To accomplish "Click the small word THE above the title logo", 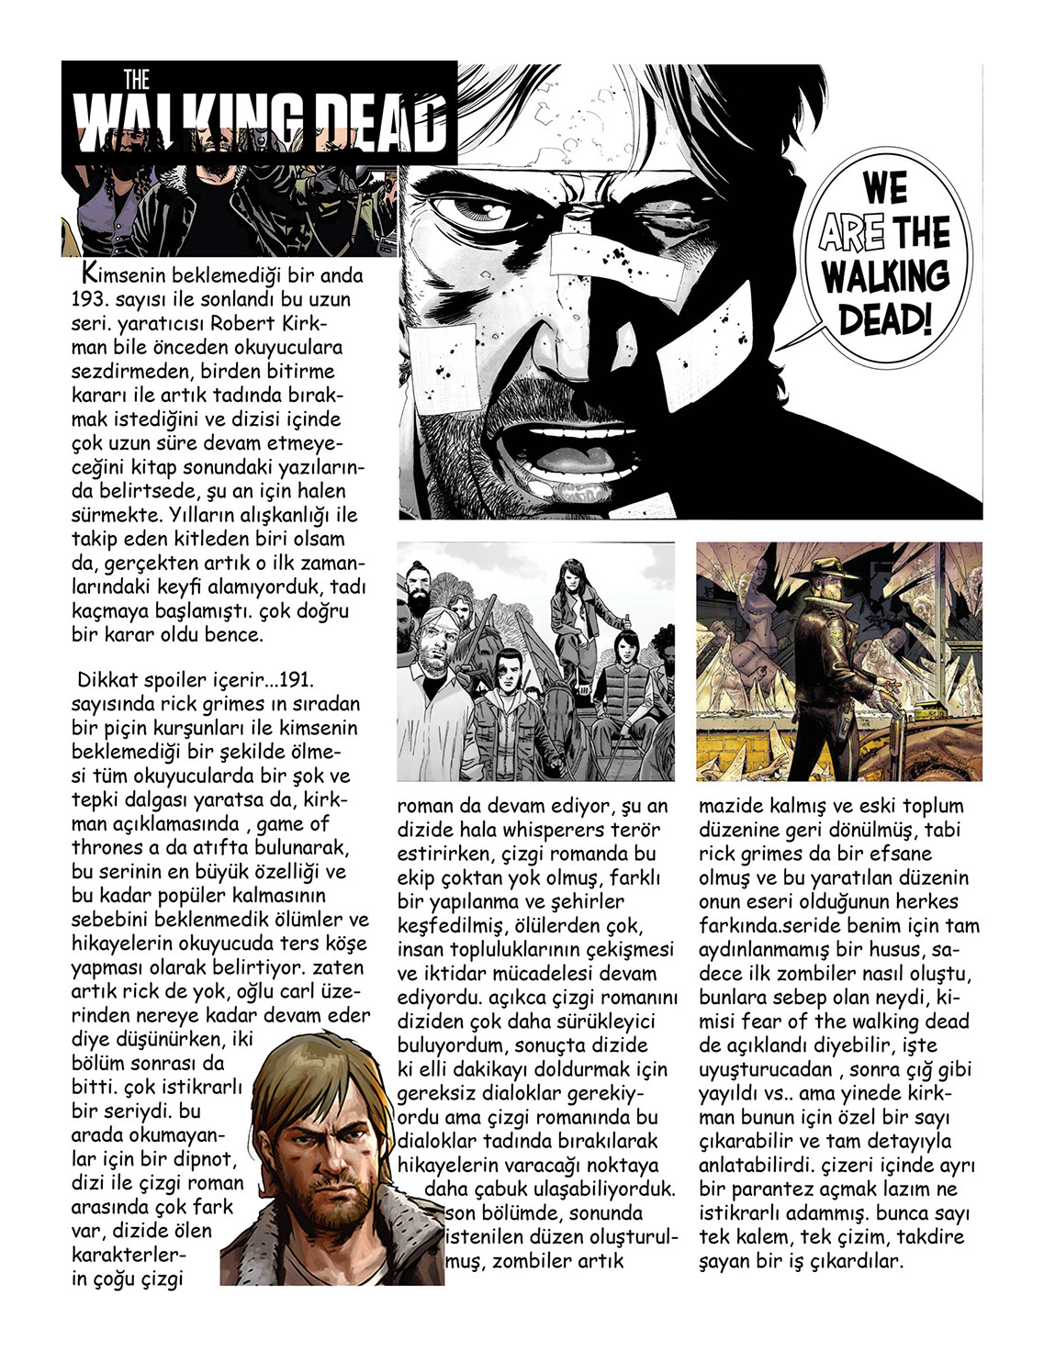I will pyautogui.click(x=136, y=80).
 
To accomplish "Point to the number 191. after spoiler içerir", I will pyautogui.click(x=296, y=680).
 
